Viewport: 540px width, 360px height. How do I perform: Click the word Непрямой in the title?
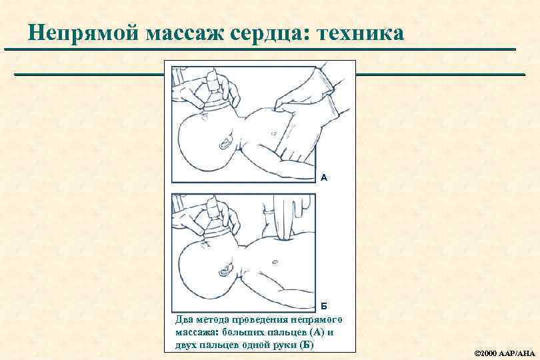tap(83, 33)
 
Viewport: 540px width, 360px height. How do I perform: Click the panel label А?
tap(324, 177)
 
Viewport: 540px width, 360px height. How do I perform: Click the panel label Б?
tap(324, 306)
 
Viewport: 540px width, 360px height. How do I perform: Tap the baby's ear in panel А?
tap(225, 141)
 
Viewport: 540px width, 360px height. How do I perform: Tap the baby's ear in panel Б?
tap(225, 270)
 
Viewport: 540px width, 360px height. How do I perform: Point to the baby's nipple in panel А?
tap(274, 133)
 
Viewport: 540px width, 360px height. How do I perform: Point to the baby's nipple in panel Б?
tap(275, 262)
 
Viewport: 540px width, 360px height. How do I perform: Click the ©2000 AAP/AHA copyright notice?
tap(505, 353)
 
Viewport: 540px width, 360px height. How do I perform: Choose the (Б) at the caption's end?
tap(307, 345)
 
